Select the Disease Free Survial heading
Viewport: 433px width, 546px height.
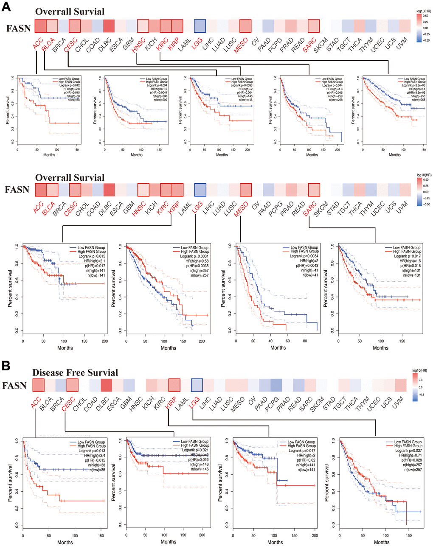[75, 373]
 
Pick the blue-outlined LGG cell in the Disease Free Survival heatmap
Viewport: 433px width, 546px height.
[197, 385]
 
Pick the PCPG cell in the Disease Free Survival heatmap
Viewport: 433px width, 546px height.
[276, 385]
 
